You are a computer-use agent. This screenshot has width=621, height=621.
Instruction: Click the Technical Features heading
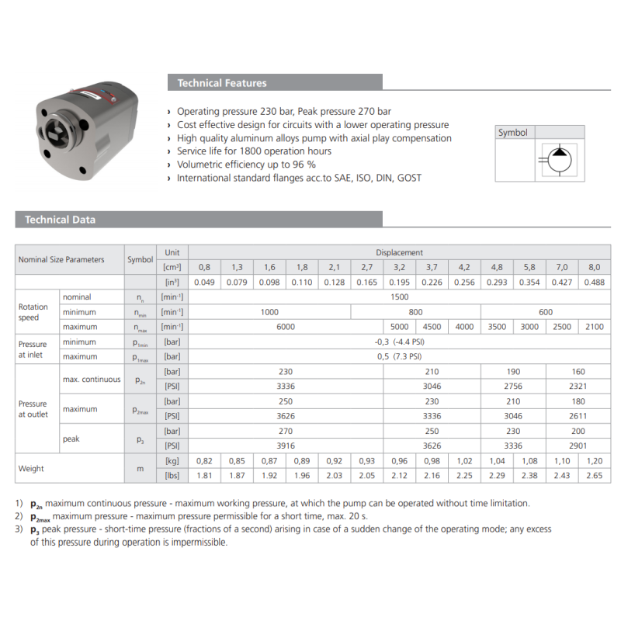coord(221,83)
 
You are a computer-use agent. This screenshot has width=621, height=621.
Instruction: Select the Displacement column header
coord(399,252)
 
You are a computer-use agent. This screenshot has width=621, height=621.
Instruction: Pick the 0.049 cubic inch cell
coord(204,282)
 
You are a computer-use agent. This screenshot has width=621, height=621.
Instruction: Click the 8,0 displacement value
coord(594,267)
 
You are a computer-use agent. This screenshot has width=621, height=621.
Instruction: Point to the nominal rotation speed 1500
coord(399,297)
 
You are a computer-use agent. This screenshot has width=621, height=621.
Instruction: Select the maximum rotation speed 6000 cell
coord(286,327)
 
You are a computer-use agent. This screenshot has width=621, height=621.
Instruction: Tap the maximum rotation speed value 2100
coord(594,327)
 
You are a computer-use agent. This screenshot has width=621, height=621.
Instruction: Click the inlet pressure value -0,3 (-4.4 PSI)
coord(399,342)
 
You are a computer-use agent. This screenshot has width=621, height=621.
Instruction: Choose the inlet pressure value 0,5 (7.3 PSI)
coord(399,357)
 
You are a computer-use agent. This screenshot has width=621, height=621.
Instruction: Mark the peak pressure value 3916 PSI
coord(286,446)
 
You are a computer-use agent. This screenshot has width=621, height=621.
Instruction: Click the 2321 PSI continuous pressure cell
coord(578,386)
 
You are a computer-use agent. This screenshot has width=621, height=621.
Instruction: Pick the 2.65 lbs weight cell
coord(594,476)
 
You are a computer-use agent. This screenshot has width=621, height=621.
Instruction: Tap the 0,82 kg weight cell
coord(204,461)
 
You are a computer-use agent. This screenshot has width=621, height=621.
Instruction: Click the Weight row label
coord(32,469)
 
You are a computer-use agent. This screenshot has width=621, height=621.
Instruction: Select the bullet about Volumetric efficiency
coord(246,165)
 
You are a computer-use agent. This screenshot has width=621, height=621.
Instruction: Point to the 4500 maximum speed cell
coord(432,327)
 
